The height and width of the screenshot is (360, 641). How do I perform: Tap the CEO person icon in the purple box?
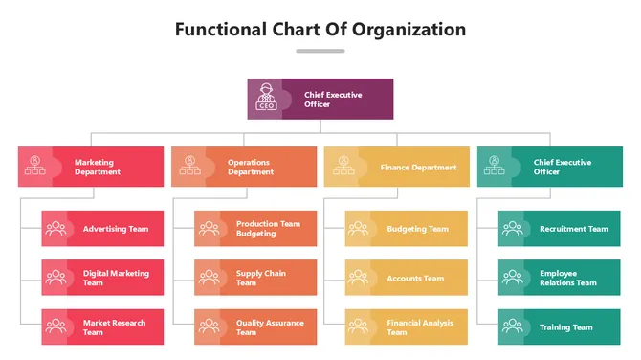coord(266,98)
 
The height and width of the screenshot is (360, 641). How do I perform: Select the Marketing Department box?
coord(91,167)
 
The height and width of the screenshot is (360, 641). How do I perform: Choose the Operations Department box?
coord(244,167)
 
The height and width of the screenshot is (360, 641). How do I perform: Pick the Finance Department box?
coord(397,167)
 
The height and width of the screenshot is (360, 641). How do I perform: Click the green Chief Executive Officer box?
coord(550,167)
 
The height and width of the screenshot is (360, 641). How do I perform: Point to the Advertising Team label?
coord(116,229)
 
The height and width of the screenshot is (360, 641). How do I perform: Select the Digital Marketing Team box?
coord(102,278)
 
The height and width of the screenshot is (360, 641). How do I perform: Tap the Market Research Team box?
coord(102,326)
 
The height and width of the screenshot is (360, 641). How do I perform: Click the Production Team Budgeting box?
coord(255,229)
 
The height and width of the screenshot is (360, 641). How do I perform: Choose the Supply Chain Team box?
coord(255,278)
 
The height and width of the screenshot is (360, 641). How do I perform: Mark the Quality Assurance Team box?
coord(255,326)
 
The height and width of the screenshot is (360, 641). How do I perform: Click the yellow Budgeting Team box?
coord(407,229)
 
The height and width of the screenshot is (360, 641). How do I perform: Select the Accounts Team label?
coord(415,279)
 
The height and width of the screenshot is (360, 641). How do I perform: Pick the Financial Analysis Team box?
coord(407,326)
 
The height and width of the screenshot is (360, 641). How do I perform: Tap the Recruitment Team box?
coord(560,229)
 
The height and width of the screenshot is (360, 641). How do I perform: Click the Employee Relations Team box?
coord(560,278)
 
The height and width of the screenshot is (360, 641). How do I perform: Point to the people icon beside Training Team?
coord(512,326)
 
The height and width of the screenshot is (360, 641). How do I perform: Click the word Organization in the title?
coord(409,29)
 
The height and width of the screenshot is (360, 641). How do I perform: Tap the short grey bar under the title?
coord(320,51)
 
